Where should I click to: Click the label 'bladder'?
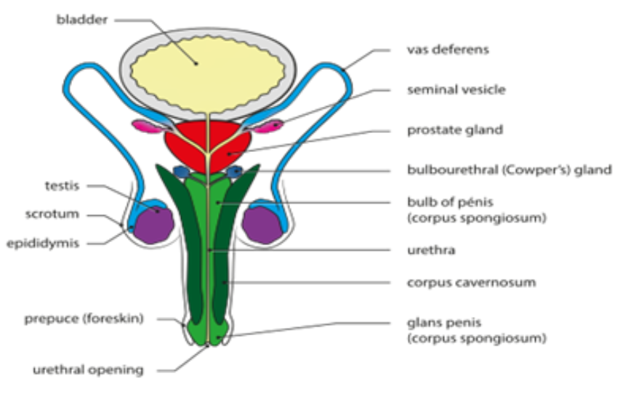pyautogui.click(x=82, y=20)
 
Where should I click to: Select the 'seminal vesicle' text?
pyautogui.click(x=456, y=90)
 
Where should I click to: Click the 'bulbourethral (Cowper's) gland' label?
pyautogui.click(x=509, y=170)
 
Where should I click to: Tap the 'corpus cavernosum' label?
pyautogui.click(x=471, y=282)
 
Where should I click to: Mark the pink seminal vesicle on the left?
pyautogui.click(x=145, y=127)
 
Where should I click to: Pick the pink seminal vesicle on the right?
pyautogui.click(x=270, y=127)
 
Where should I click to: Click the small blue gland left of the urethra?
pyautogui.click(x=182, y=172)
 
